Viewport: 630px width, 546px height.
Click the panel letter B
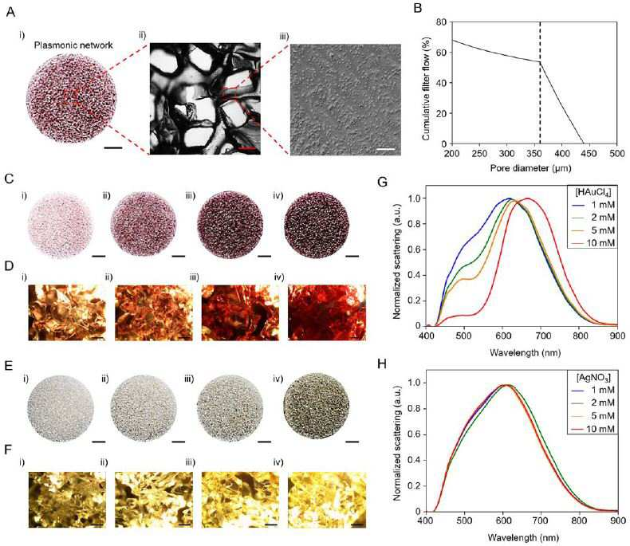tap(417, 8)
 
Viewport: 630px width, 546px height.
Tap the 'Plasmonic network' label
tap(73, 45)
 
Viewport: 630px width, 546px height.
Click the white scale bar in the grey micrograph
tap(386, 149)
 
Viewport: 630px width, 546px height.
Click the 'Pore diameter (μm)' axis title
tap(531, 167)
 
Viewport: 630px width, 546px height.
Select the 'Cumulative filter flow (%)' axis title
tap(426, 86)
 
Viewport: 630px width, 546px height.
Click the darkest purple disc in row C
tap(317, 225)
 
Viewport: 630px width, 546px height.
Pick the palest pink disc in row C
tap(60, 225)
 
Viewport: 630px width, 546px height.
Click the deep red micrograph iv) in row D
tap(327, 312)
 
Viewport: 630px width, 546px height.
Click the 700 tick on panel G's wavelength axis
tap(541, 336)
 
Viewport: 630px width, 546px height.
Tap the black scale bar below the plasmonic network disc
tap(113, 148)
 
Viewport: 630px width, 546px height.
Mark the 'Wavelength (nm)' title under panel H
tap(523, 537)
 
